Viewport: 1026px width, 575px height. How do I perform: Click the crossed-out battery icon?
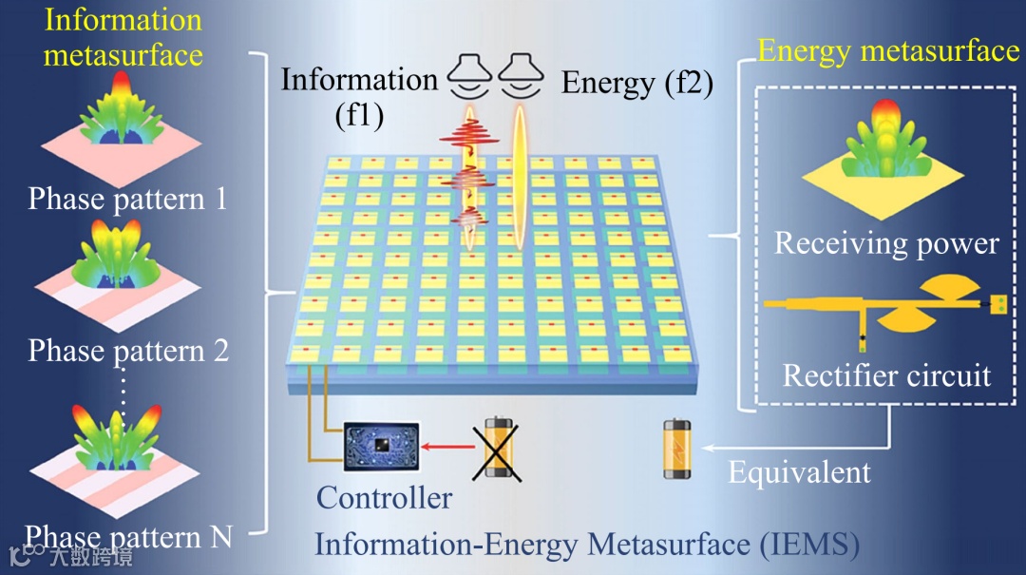[x=497, y=448]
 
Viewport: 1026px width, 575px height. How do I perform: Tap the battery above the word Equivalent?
[x=676, y=449]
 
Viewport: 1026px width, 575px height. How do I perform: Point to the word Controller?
[x=384, y=497]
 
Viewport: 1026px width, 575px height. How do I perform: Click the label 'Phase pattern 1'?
[x=127, y=199]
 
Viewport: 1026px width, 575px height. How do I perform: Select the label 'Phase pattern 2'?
[x=128, y=351]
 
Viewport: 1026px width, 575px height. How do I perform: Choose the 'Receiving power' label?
[x=886, y=243]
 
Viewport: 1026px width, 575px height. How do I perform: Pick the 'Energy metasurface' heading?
[x=887, y=50]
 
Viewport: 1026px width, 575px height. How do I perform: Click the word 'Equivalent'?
[x=799, y=472]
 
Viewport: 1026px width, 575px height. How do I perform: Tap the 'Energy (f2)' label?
[x=636, y=84]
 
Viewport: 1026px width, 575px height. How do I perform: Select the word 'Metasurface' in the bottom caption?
[x=669, y=545]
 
